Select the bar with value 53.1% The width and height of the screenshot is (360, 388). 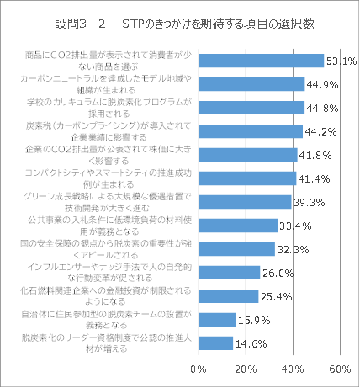click(262, 60)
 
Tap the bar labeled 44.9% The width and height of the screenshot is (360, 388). click(251, 83)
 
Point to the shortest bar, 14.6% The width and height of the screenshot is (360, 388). click(216, 343)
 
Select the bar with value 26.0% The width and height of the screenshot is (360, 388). click(230, 273)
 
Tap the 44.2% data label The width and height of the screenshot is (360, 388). click(322, 131)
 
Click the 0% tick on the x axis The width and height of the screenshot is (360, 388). click(199, 369)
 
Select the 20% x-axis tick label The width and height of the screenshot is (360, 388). click(246, 369)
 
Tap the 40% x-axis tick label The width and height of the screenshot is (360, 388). click(293, 369)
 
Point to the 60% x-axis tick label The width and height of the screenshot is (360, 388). click(340, 369)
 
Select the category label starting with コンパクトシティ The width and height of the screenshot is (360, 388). click(109, 178)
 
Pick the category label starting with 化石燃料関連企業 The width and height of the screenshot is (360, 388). click(109, 295)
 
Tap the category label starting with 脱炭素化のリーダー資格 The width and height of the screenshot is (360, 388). click(109, 343)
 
